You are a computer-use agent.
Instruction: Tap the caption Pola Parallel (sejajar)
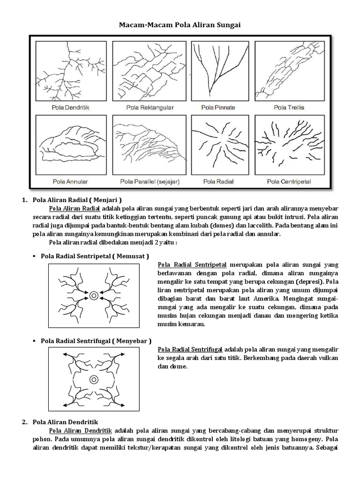pyautogui.click(x=144, y=180)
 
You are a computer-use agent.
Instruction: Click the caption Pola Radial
pyautogui.click(x=216, y=180)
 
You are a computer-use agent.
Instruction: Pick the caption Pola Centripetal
pyautogui.click(x=289, y=180)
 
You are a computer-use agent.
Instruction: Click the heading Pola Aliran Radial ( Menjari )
pyautogui.click(x=77, y=200)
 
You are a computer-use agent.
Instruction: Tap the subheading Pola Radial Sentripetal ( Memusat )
pyautogui.click(x=95, y=256)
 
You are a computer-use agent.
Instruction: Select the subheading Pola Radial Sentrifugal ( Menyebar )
pyautogui.click(x=96, y=340)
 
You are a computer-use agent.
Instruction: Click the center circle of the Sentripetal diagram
pyautogui.click(x=94, y=295)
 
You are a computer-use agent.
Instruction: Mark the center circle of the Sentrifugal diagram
pyautogui.click(x=94, y=379)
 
